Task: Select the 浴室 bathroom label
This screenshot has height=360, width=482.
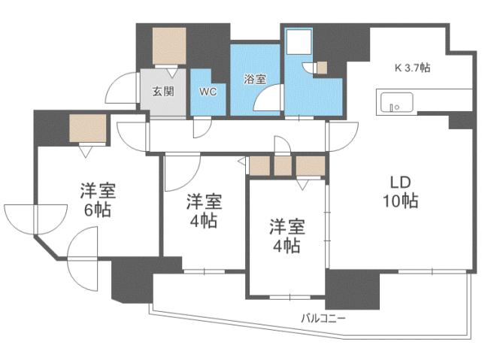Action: pos(255,78)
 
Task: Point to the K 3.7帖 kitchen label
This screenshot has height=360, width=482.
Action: pos(412,68)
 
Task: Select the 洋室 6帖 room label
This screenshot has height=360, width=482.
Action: pos(97,200)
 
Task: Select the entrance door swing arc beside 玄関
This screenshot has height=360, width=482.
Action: pos(121,88)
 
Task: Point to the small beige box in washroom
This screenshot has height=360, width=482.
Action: pos(321,68)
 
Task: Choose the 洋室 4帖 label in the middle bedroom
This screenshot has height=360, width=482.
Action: pos(203,210)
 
